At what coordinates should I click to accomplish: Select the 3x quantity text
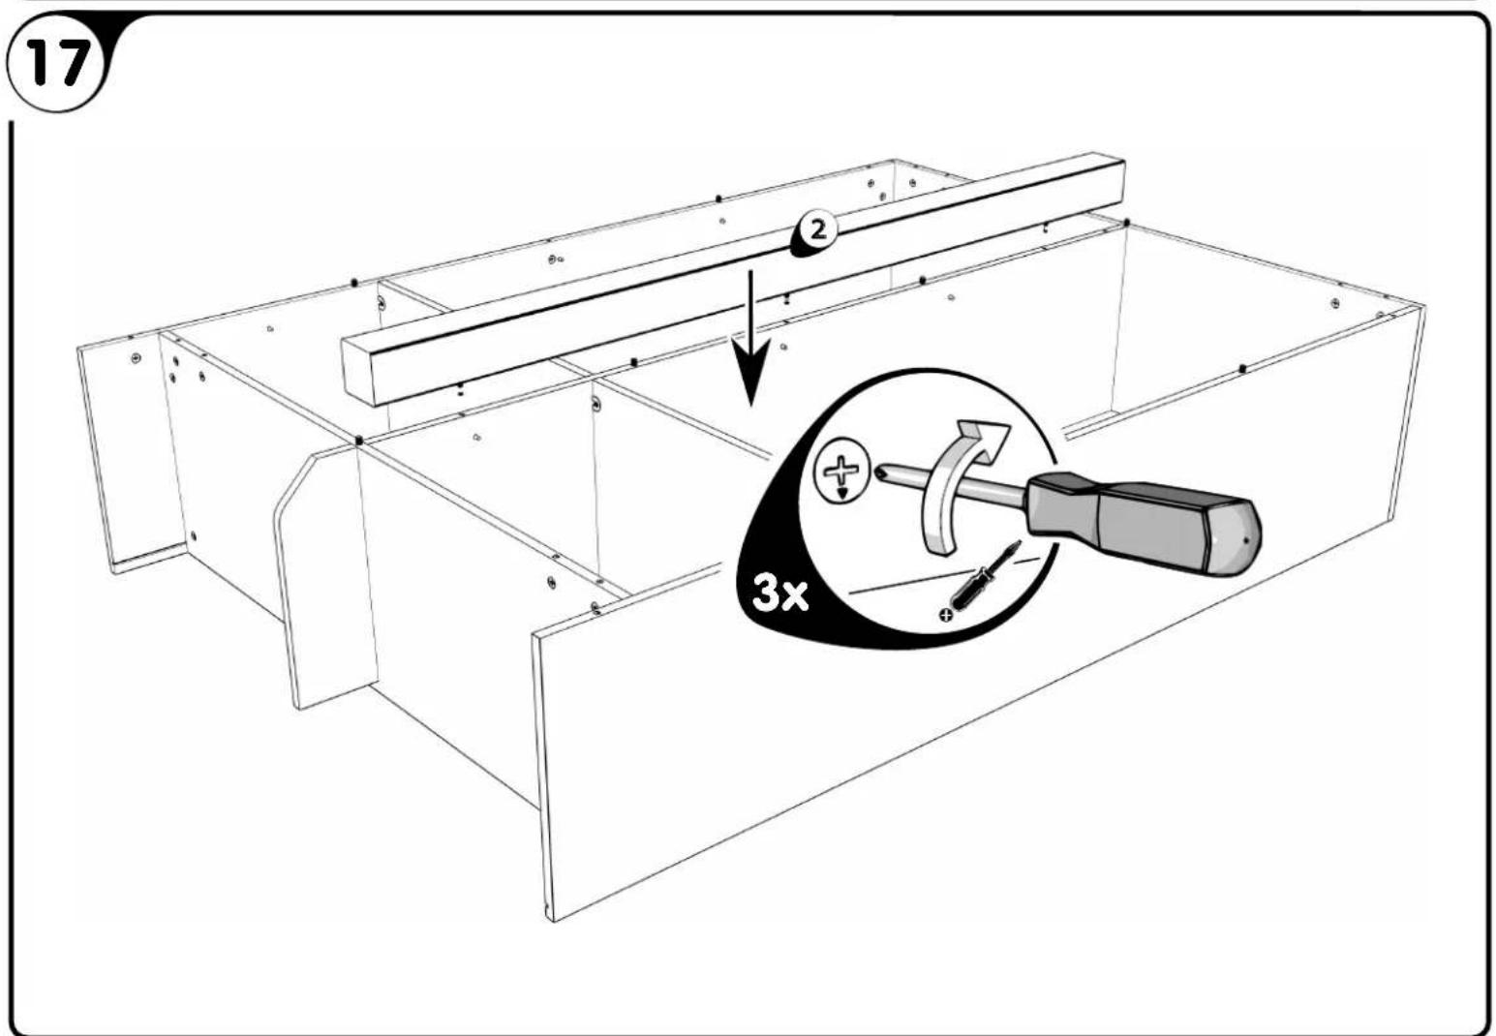click(x=780, y=594)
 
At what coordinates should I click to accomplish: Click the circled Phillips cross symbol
click(x=841, y=473)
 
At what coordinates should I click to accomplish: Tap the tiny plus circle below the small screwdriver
click(x=945, y=614)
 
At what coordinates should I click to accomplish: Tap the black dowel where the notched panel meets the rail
click(x=359, y=441)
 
